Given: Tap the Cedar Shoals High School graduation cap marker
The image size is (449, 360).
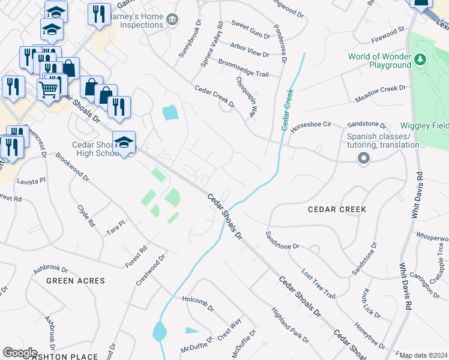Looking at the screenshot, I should pyautogui.click(x=124, y=143).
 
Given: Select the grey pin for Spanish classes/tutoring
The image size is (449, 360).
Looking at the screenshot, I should pyautogui.click(x=363, y=159).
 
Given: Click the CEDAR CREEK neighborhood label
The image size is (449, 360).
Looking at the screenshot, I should pyautogui.click(x=337, y=209).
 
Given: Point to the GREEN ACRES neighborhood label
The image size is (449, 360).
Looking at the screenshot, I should pyautogui.click(x=75, y=281).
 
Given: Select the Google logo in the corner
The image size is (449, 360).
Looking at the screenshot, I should pyautogui.click(x=20, y=352).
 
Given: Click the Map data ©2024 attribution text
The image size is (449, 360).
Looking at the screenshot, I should pyautogui.click(x=424, y=355).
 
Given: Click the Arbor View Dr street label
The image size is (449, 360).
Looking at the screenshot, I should pyautogui.click(x=250, y=49).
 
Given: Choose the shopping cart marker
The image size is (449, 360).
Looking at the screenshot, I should pyautogui.click(x=49, y=89).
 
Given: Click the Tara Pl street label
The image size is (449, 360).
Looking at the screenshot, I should pyautogui.click(x=115, y=226).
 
